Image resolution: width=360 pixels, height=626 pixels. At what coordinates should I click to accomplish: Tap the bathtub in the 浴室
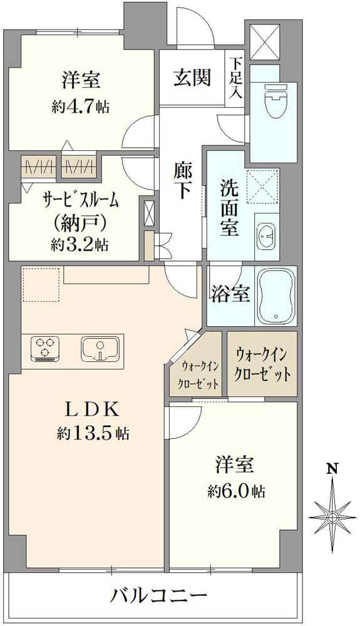coord(276,295)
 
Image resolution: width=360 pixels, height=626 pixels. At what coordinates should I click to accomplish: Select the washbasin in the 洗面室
coord(267,235)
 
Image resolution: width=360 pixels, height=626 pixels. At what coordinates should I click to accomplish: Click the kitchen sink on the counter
coord(101,349)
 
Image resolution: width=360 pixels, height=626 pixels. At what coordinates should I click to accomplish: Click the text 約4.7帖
coord(81,106)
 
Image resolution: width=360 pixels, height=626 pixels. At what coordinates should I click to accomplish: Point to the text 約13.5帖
coord(93,433)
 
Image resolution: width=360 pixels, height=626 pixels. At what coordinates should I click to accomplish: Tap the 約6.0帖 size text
coord(236,491)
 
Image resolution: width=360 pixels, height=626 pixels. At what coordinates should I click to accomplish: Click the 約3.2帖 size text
coord(80,245)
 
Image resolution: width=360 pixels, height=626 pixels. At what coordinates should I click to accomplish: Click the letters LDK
coord(92,410)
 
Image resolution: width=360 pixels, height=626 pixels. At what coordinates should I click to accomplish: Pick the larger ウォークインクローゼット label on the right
coord(262,364)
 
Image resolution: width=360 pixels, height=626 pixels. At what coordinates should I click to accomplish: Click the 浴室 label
coord(230,294)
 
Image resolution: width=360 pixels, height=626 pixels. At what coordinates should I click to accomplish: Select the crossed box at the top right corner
coord(265,42)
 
